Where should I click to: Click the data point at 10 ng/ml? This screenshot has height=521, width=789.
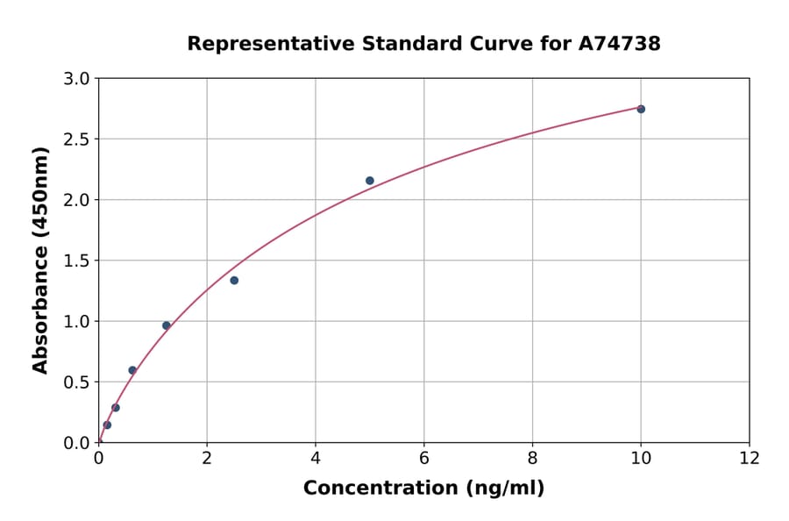click(641, 109)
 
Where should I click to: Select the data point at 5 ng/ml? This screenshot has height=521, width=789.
click(370, 181)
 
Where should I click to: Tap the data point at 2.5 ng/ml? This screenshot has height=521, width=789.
click(234, 281)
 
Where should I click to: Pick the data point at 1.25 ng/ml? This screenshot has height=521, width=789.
click(167, 325)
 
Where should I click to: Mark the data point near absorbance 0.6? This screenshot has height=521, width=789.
click(132, 370)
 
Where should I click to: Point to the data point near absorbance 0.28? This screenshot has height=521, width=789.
click(116, 408)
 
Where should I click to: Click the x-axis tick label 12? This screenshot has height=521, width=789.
click(750, 458)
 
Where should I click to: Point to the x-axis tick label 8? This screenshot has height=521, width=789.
click(532, 458)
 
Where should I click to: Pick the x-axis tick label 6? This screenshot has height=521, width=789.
click(424, 458)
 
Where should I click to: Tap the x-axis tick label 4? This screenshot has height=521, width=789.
click(316, 458)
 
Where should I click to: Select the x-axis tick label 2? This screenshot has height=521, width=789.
click(207, 458)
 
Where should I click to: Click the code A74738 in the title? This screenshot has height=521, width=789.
click(619, 43)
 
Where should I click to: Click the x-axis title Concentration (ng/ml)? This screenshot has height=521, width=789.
click(423, 488)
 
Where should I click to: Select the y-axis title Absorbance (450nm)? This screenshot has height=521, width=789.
click(40, 260)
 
